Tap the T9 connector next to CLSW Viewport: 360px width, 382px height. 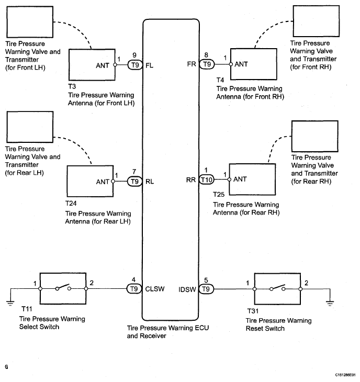tap(135, 288)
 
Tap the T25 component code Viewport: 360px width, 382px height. tap(219, 195)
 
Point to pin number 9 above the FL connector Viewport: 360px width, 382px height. tap(134, 55)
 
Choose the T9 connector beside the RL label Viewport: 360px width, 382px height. tap(135, 182)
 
